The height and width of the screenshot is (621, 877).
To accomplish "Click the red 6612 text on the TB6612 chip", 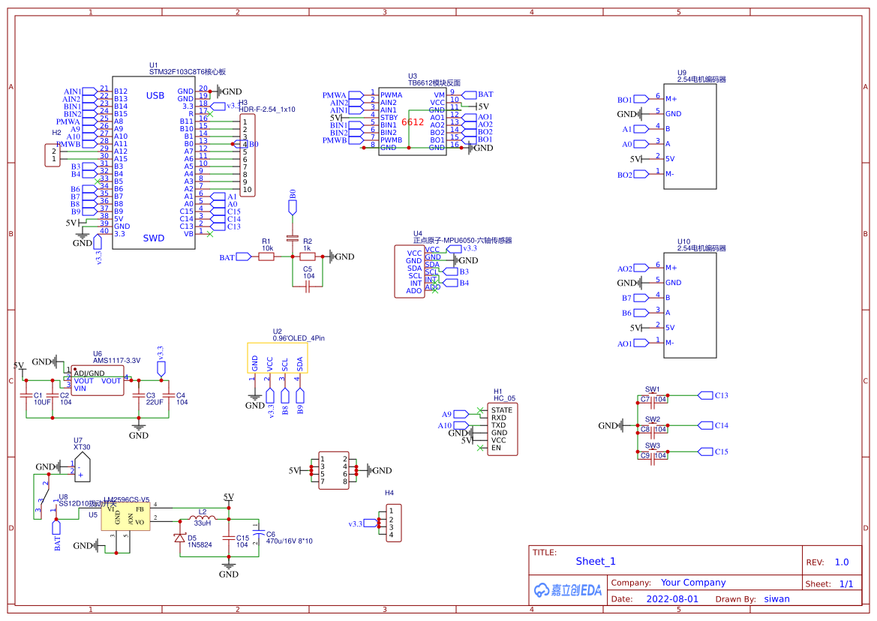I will coord(413,121).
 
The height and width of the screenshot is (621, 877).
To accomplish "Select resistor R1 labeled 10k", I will coord(266,257).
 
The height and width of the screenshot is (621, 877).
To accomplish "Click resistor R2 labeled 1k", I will coord(307,257).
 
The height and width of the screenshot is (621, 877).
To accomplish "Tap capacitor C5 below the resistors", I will coord(308,286).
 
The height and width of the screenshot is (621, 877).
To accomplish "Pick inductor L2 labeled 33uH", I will coord(203,519).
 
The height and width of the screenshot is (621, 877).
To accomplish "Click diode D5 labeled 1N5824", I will coord(180,538).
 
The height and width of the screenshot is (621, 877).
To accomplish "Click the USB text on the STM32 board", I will coord(155,95).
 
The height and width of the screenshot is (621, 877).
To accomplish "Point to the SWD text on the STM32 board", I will coord(154,238).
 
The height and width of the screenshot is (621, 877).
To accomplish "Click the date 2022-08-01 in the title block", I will coord(672,599).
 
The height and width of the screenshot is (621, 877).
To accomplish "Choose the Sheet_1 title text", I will coord(595,561).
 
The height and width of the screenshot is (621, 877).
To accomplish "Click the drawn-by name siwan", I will coord(776,599).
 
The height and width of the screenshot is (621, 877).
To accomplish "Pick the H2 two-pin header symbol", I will coord(53,155).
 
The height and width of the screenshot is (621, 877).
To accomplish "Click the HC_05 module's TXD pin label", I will coord(498,425).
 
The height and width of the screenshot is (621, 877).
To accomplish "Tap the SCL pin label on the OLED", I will coord(285,364).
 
